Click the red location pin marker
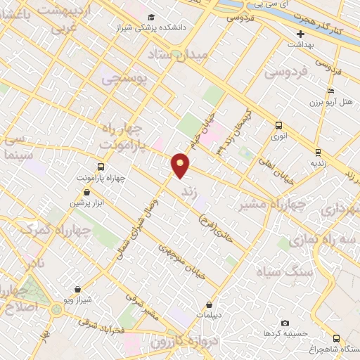(181, 165)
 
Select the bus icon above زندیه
(318, 152)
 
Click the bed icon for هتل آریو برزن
(330, 91)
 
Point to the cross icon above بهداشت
(301, 34)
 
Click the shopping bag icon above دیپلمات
(210, 305)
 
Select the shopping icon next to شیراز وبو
(77, 288)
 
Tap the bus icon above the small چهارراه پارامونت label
(101, 167)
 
